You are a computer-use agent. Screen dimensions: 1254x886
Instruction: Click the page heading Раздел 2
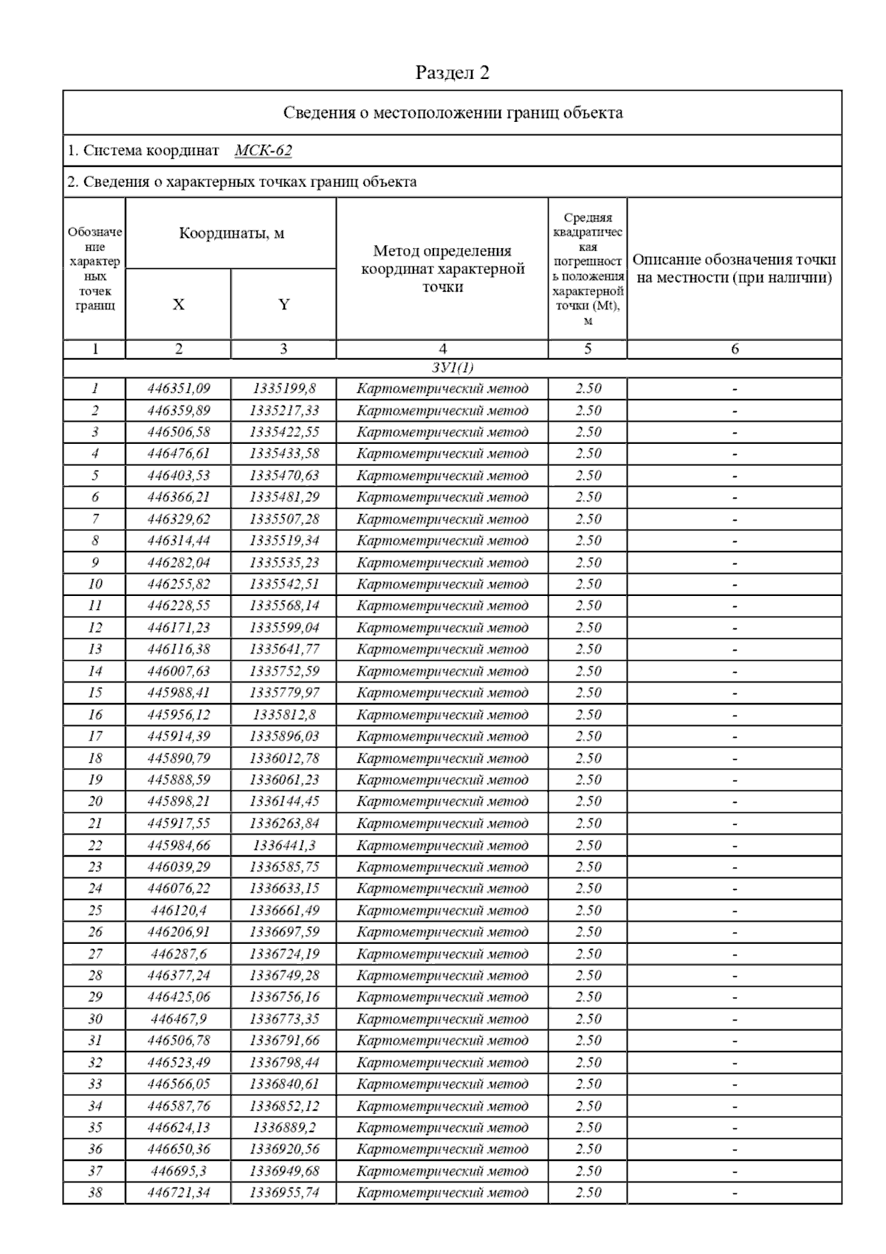pyautogui.click(x=452, y=72)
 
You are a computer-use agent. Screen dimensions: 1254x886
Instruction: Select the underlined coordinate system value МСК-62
pyautogui.click(x=263, y=151)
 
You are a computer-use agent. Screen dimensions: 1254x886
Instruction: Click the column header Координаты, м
pyautogui.click(x=231, y=233)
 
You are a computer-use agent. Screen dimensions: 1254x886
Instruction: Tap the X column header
pyautogui.click(x=178, y=304)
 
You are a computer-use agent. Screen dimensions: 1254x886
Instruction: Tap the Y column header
pyautogui.click(x=284, y=304)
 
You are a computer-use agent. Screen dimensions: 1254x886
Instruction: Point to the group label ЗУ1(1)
pyautogui.click(x=452, y=368)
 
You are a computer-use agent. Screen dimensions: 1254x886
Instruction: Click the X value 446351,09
pyautogui.click(x=179, y=388)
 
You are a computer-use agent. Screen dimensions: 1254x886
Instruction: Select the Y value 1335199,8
pyautogui.click(x=284, y=388)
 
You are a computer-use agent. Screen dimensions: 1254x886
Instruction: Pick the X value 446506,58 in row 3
pyautogui.click(x=179, y=432)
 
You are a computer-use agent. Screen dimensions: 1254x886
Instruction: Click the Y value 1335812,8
pyautogui.click(x=284, y=715)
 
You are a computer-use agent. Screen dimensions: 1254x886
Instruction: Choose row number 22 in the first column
pyautogui.click(x=95, y=846)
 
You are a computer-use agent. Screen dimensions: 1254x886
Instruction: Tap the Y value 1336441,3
pyautogui.click(x=284, y=846)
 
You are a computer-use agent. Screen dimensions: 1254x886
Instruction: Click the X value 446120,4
pyautogui.click(x=179, y=911)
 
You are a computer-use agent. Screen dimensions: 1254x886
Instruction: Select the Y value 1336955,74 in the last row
pyautogui.click(x=284, y=1193)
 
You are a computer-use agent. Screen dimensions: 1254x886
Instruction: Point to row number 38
pyautogui.click(x=95, y=1193)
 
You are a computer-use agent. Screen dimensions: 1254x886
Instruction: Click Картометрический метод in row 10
pyautogui.click(x=442, y=584)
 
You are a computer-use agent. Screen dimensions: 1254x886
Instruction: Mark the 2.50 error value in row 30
pyautogui.click(x=588, y=1019)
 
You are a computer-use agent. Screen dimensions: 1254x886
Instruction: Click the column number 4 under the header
pyautogui.click(x=442, y=349)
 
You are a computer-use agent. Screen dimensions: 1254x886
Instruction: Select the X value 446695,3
pyautogui.click(x=179, y=1171)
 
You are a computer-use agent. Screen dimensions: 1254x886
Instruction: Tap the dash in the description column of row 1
pyautogui.click(x=735, y=389)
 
